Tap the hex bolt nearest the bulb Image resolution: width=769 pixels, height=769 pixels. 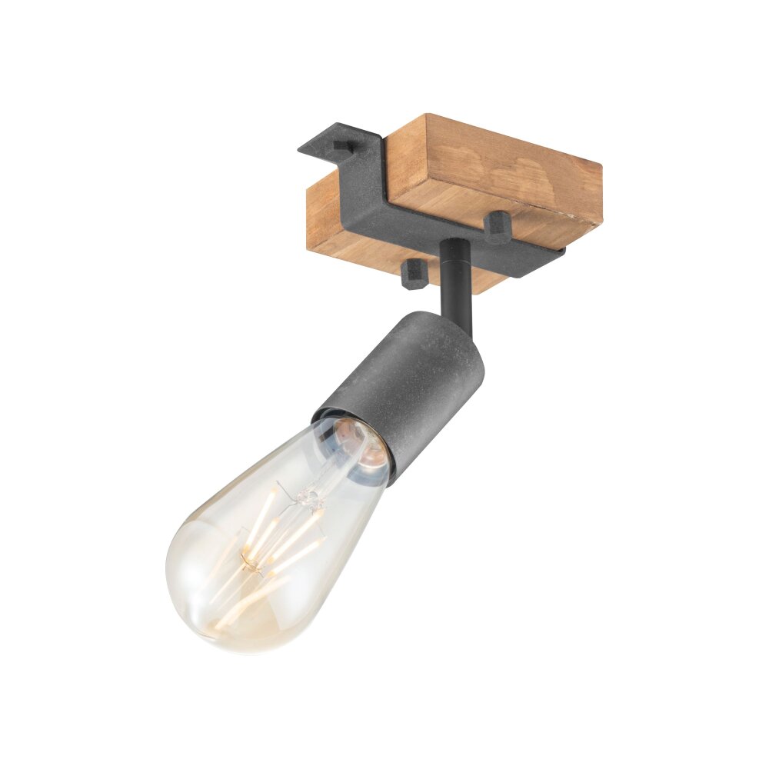[414, 274]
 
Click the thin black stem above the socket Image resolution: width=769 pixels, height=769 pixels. [455, 281]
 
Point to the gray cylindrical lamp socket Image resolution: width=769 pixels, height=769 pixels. [415, 384]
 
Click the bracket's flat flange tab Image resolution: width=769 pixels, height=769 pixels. [331, 150]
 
